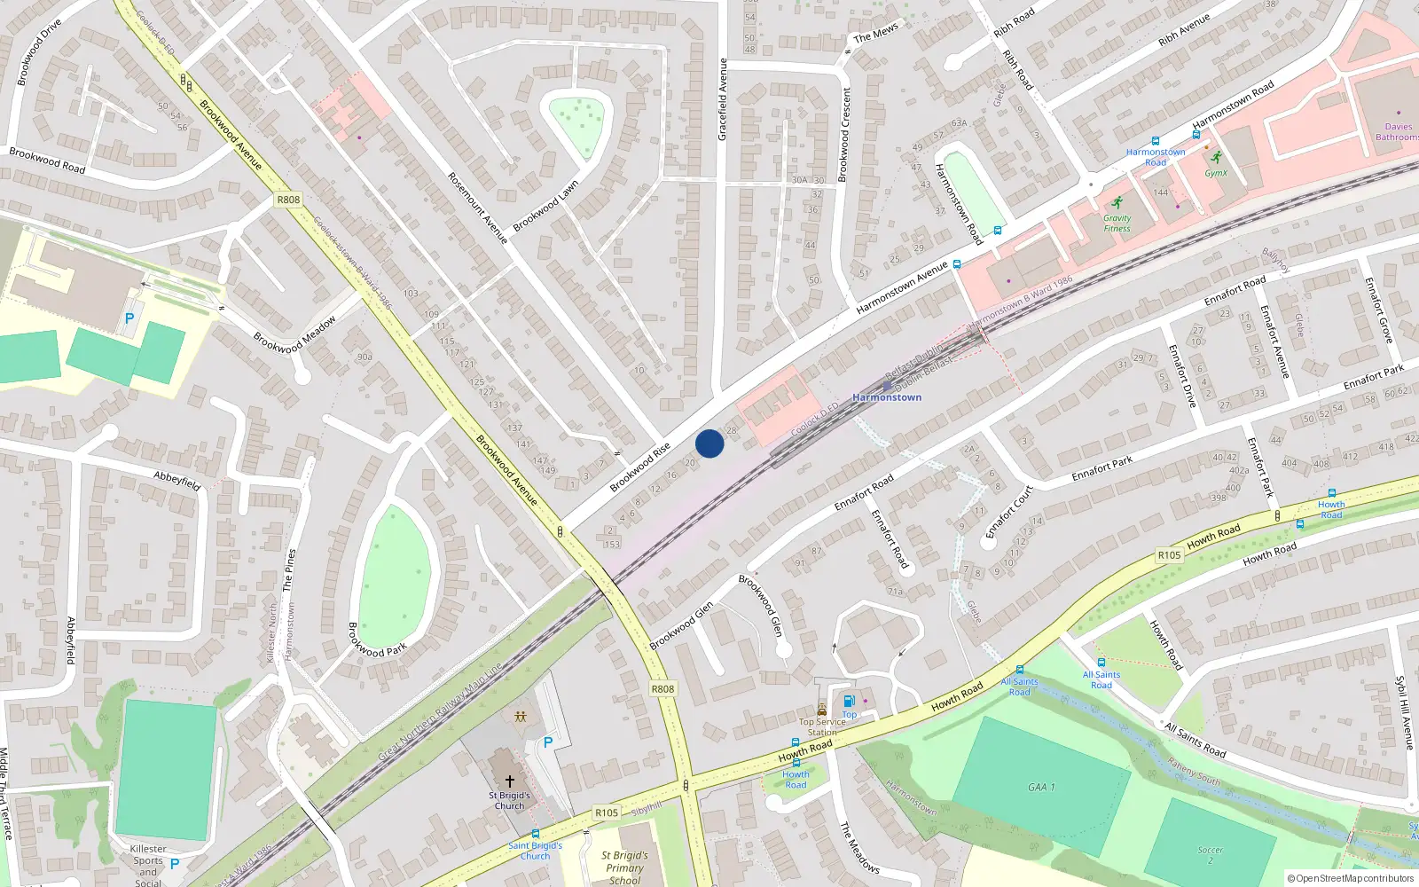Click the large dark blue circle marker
709,443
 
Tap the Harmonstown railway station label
886,397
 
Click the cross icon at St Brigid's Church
510,781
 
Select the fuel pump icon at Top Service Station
849,702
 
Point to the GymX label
1216,173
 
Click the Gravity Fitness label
1117,223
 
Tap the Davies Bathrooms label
1397,131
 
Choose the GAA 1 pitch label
1041,787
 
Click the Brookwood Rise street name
640,467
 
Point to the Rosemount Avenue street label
477,208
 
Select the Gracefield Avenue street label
722,99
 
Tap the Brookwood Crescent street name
844,135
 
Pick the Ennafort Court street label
1009,512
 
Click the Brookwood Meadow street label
294,335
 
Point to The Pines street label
288,569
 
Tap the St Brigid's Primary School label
625,867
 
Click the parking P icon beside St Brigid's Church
547,742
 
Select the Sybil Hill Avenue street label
1404,712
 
